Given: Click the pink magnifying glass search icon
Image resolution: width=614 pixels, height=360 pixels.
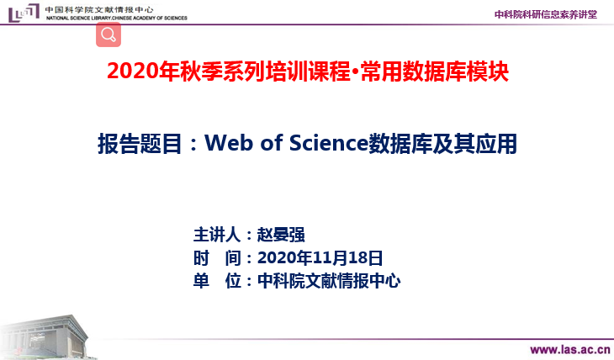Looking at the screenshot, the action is (109, 34).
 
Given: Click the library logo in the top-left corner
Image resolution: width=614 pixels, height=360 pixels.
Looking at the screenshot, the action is (24, 13).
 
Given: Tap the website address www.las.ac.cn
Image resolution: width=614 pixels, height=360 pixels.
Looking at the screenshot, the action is (570, 349).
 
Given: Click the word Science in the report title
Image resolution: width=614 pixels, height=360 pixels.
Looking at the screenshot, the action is (329, 143).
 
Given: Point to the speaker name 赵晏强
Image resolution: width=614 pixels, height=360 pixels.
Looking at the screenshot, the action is (281, 235).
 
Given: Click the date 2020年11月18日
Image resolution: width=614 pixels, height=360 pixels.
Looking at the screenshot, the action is (320, 257).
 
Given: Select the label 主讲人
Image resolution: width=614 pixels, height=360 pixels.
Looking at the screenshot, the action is (217, 235).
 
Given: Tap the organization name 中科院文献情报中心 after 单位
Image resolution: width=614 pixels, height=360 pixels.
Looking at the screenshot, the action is (329, 281).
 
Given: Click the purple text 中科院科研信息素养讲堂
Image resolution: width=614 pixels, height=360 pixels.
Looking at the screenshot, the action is (546, 14).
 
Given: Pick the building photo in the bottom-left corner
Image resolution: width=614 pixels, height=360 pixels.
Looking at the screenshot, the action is (46, 337).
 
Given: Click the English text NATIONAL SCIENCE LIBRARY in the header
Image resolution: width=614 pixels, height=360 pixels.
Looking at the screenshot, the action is (78, 18).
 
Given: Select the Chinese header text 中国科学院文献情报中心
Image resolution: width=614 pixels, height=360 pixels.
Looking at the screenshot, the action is (99, 9).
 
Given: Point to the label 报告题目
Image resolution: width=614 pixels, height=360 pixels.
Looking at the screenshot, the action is (140, 144).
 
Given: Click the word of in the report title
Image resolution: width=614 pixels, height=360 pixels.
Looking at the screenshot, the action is (271, 143).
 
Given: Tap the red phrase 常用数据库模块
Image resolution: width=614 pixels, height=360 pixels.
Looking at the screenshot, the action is (435, 71).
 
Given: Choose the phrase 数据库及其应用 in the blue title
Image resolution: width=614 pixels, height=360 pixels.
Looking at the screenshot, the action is (443, 144).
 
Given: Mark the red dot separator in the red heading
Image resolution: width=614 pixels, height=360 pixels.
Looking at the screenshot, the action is (355, 72).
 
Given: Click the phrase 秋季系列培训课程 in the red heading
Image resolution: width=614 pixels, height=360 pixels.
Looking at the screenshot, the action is (265, 71).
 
